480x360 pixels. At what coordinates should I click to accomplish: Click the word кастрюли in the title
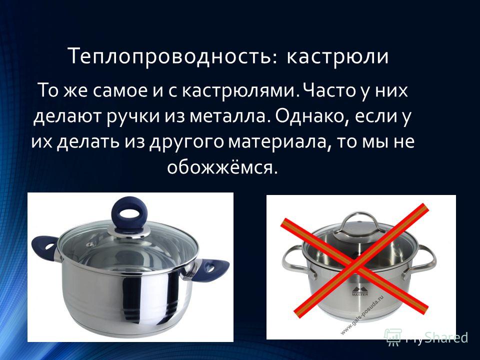pos(337,57)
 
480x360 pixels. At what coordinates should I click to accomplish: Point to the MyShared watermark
pos(426,338)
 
